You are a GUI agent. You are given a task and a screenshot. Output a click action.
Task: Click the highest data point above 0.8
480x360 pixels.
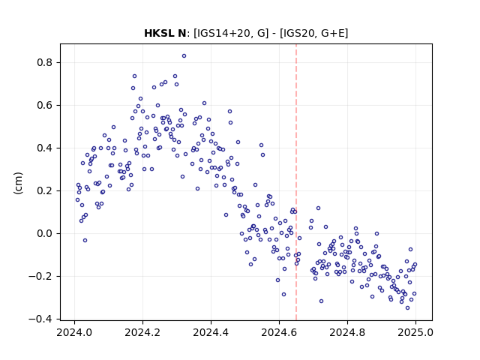click(184, 56)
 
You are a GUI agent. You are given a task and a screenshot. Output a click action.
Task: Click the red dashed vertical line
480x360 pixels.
click(296, 182)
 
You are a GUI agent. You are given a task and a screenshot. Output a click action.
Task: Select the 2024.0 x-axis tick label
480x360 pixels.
click(74, 332)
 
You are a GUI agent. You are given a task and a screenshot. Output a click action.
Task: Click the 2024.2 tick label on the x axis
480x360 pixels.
click(142, 332)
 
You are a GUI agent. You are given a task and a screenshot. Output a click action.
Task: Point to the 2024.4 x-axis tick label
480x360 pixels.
click(211, 332)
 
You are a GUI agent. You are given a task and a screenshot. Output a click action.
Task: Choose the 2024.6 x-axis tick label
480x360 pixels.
click(279, 332)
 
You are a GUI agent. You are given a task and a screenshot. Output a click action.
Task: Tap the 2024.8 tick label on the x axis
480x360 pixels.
click(347, 332)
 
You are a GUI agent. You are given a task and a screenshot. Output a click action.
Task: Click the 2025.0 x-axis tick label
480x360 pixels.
click(415, 332)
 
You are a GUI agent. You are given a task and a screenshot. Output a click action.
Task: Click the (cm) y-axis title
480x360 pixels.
click(18, 183)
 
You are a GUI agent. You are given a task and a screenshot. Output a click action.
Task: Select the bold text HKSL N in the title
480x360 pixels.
click(165, 33)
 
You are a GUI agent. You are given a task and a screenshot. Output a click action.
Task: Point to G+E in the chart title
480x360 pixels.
click(333, 33)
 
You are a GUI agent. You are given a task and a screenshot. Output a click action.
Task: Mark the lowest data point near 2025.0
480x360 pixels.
click(407, 308)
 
